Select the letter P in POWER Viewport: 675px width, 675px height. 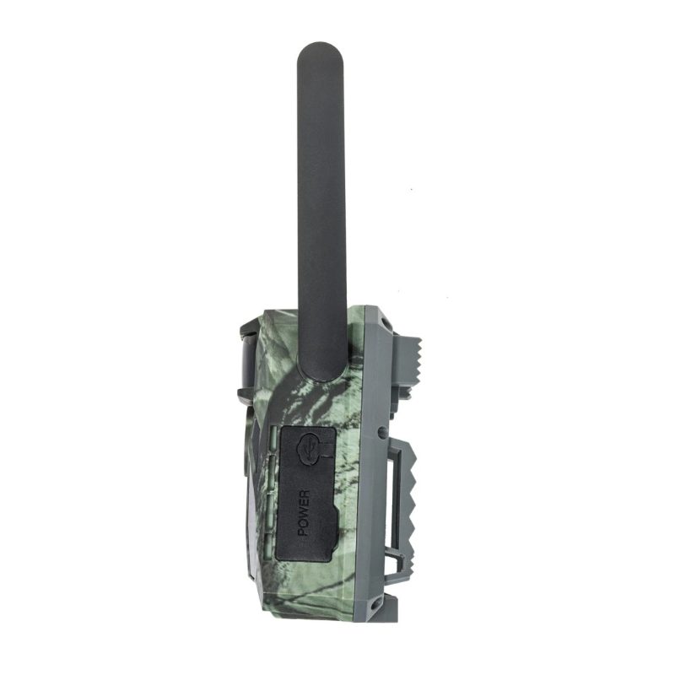(x=304, y=533)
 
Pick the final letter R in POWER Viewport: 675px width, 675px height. (x=304, y=494)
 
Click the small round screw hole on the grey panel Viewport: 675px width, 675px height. (x=383, y=432)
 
